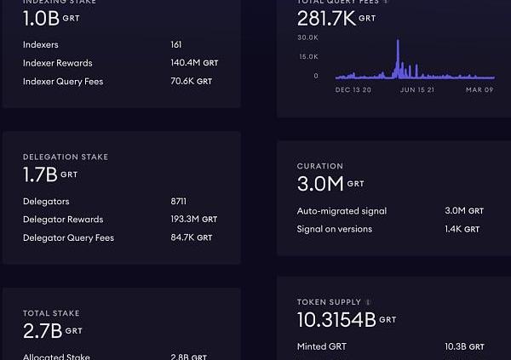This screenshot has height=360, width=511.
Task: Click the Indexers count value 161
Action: click(x=176, y=44)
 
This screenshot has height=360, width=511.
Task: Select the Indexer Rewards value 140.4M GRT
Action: click(x=193, y=63)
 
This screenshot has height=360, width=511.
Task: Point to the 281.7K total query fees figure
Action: click(x=326, y=19)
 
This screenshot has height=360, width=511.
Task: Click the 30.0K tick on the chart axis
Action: click(x=307, y=37)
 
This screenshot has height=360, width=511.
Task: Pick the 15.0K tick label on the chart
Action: click(x=307, y=56)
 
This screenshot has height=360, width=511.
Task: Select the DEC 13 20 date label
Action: click(x=353, y=89)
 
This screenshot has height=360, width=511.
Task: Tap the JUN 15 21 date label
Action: click(x=417, y=89)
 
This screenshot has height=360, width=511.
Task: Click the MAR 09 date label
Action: click(x=479, y=89)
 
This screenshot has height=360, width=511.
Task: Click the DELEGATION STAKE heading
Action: click(x=66, y=157)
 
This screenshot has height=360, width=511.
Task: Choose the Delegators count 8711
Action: click(x=178, y=202)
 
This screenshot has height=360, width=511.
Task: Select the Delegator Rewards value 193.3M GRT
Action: click(x=193, y=220)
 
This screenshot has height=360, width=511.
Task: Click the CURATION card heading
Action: click(x=320, y=167)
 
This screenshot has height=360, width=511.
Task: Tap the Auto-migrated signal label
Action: click(x=342, y=211)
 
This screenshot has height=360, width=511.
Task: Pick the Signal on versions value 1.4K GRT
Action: click(x=462, y=230)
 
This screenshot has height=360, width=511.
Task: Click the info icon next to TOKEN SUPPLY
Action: click(x=368, y=302)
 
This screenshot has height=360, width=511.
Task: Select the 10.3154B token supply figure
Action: click(x=336, y=320)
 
